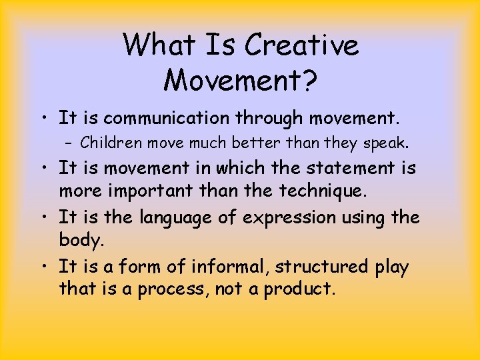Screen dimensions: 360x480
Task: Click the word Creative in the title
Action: [x=301, y=46]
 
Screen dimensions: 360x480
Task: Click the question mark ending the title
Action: [x=308, y=80]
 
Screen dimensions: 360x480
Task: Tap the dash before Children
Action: [x=69, y=143]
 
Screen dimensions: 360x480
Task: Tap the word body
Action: [x=77, y=241]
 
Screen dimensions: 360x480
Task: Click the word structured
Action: [x=321, y=267]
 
